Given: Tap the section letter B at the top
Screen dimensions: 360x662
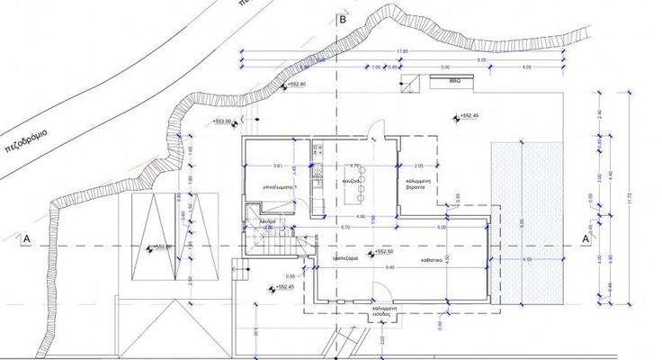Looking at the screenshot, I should (x=342, y=17).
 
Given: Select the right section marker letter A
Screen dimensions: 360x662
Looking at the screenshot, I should (x=586, y=239).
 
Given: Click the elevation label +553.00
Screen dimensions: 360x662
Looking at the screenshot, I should (x=221, y=121).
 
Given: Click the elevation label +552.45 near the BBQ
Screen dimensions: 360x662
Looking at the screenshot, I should (x=469, y=115).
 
